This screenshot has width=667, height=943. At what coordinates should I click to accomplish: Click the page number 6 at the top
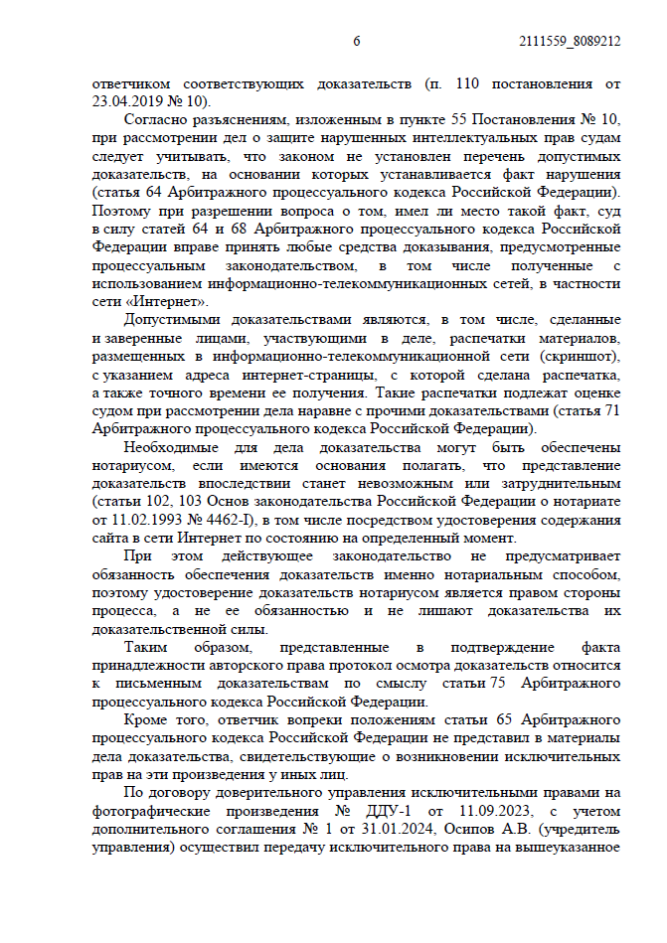pyautogui.click(x=356, y=42)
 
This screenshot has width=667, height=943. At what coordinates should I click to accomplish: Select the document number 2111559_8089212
pyautogui.click(x=570, y=42)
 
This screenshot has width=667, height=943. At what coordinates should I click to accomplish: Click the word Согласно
pyautogui.click(x=156, y=118)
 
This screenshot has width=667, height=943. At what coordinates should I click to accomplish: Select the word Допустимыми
pyautogui.click(x=173, y=320)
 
